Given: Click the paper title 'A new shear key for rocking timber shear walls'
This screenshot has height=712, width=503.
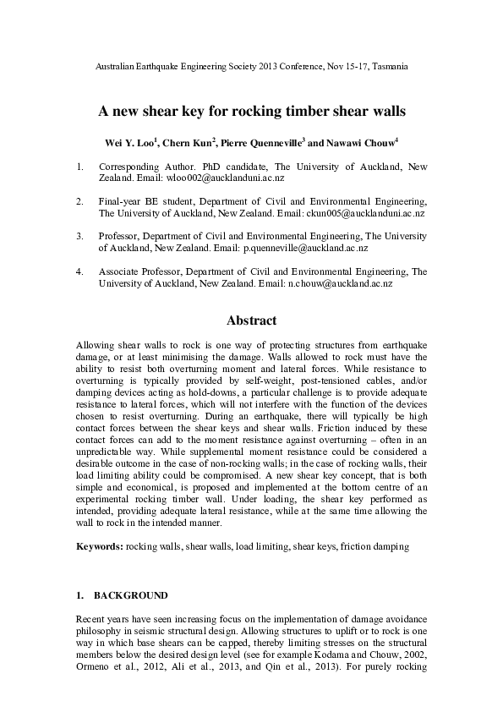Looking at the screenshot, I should [x=252, y=111].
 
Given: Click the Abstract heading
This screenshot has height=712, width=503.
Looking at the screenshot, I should [x=251, y=321].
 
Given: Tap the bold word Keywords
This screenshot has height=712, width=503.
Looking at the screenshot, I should [x=99, y=547].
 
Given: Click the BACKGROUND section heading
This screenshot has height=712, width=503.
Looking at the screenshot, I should [x=131, y=595].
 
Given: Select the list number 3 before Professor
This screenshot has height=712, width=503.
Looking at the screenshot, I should [x=79, y=236].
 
